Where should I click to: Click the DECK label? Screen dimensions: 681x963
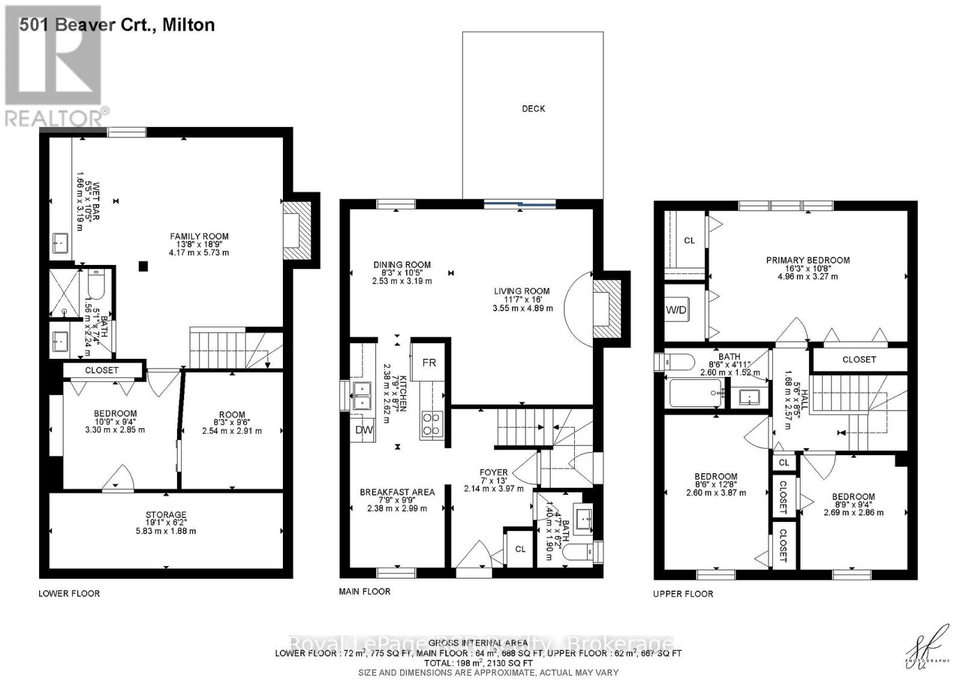pyautogui.click(x=533, y=108)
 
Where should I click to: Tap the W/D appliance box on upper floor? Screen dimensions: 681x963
pyautogui.click(x=676, y=310)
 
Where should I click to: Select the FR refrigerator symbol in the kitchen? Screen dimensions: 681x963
pyautogui.click(x=429, y=362)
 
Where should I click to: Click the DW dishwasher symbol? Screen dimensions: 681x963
pyautogui.click(x=364, y=430)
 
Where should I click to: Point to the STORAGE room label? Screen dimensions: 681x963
pyautogui.click(x=166, y=515)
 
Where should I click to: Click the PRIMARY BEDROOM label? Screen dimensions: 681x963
pyautogui.click(x=808, y=260)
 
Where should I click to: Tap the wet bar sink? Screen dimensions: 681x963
pyautogui.click(x=60, y=244)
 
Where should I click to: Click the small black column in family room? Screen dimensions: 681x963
pyautogui.click(x=143, y=266)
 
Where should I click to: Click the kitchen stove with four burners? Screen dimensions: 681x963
pyautogui.click(x=432, y=423)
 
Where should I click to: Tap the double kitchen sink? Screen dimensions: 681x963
pyautogui.click(x=362, y=395)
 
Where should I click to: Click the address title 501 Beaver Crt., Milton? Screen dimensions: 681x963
pyautogui.click(x=117, y=25)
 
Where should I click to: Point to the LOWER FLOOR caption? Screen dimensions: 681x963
pyautogui.click(x=69, y=593)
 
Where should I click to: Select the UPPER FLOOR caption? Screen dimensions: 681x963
pyautogui.click(x=683, y=594)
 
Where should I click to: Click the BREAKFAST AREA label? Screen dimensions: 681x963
pyautogui.click(x=397, y=492)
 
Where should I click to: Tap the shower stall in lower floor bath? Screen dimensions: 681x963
pyautogui.click(x=64, y=293)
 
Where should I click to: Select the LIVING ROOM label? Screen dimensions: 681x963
pyautogui.click(x=522, y=291)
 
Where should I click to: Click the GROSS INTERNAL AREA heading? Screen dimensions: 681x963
pyautogui.click(x=478, y=643)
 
